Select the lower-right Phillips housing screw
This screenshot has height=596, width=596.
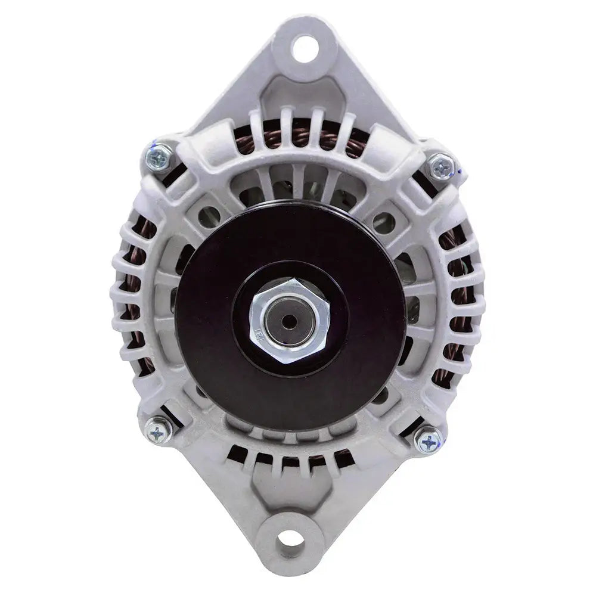pyautogui.click(x=428, y=441)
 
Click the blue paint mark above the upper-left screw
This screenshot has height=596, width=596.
pyautogui.click(x=156, y=143)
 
